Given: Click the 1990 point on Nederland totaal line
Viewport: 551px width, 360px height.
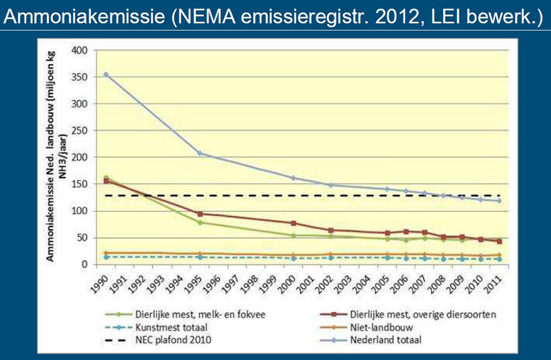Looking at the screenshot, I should (106, 74).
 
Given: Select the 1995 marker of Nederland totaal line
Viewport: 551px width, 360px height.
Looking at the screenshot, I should (200, 154).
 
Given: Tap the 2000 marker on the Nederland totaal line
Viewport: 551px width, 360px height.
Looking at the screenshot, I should (294, 178).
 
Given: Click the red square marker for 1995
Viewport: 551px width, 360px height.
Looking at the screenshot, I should (200, 214).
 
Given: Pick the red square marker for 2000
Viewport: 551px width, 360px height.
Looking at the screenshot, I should (294, 223).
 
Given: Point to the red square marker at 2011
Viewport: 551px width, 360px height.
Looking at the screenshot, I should (500, 241).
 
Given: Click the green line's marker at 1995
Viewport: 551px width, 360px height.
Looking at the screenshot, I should (200, 223).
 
